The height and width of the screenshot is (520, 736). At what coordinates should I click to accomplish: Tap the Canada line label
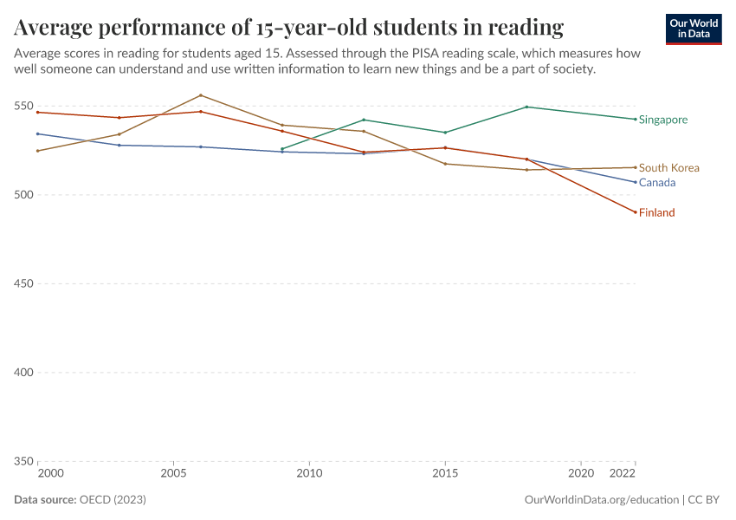656,183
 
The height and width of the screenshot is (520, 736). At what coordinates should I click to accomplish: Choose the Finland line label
656,212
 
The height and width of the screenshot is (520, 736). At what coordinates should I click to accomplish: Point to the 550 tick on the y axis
23,107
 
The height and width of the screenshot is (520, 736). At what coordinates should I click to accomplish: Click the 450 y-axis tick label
23,283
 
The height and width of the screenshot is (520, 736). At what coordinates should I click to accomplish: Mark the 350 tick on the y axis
23,461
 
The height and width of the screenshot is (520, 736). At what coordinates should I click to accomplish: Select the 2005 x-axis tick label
174,474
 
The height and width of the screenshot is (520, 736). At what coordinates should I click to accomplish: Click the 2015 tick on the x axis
445,474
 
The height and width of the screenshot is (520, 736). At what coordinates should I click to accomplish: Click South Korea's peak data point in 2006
201,95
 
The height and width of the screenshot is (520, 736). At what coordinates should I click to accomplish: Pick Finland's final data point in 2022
635,212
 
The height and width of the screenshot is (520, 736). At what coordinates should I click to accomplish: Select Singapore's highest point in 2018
526,107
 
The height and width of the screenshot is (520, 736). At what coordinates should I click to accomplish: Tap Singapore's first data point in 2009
282,149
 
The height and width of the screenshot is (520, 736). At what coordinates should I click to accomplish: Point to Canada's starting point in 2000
38,133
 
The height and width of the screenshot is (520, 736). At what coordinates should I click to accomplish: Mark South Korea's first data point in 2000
38,151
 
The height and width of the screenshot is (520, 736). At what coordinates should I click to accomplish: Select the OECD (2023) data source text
113,500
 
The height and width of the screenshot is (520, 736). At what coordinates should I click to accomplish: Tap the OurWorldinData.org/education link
601,500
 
